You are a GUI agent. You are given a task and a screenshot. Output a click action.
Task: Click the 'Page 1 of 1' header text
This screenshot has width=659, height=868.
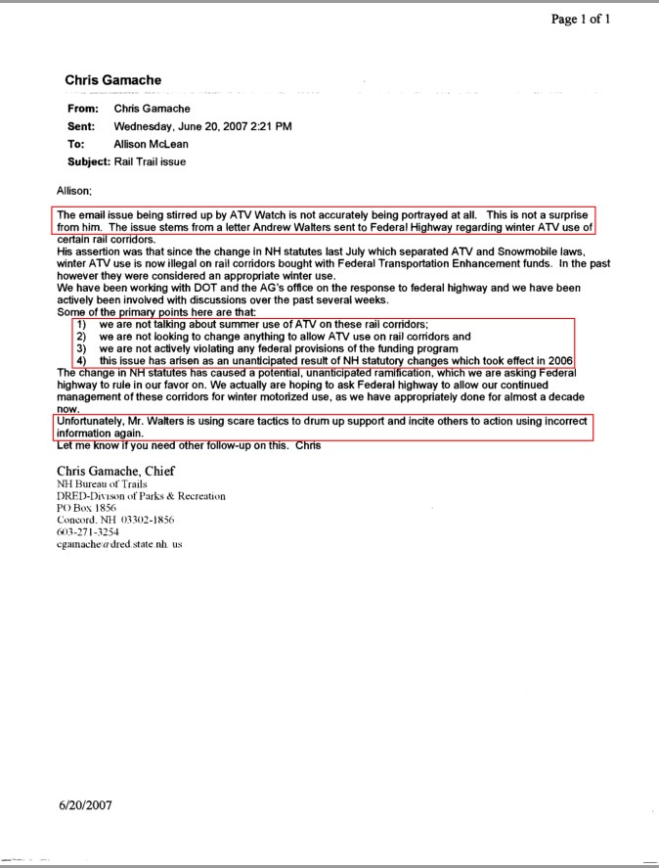581,20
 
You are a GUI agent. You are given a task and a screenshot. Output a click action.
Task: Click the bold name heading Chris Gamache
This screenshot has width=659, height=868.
113,79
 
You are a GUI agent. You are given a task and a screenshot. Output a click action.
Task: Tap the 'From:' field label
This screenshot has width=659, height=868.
82,109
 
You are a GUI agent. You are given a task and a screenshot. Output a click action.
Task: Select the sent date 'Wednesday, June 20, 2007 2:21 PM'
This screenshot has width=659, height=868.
202,126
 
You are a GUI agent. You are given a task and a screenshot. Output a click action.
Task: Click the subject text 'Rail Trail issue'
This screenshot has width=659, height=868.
150,161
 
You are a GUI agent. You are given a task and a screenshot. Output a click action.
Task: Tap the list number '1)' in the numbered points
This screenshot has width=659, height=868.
82,324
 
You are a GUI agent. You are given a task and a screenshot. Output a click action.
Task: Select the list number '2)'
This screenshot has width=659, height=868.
82,337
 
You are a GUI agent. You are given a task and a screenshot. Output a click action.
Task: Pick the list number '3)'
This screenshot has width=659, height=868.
82,348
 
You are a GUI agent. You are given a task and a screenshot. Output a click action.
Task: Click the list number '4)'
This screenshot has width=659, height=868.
82,361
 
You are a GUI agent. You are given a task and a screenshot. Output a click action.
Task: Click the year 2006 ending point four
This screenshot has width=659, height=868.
559,361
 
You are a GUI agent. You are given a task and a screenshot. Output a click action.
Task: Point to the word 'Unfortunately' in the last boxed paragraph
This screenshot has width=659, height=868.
92,422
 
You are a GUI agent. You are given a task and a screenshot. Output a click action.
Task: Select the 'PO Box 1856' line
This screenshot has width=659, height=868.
87,509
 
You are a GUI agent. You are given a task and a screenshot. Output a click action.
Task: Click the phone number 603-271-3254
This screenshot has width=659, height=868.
88,532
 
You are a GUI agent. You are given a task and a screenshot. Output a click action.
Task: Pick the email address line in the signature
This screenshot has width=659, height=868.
119,544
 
